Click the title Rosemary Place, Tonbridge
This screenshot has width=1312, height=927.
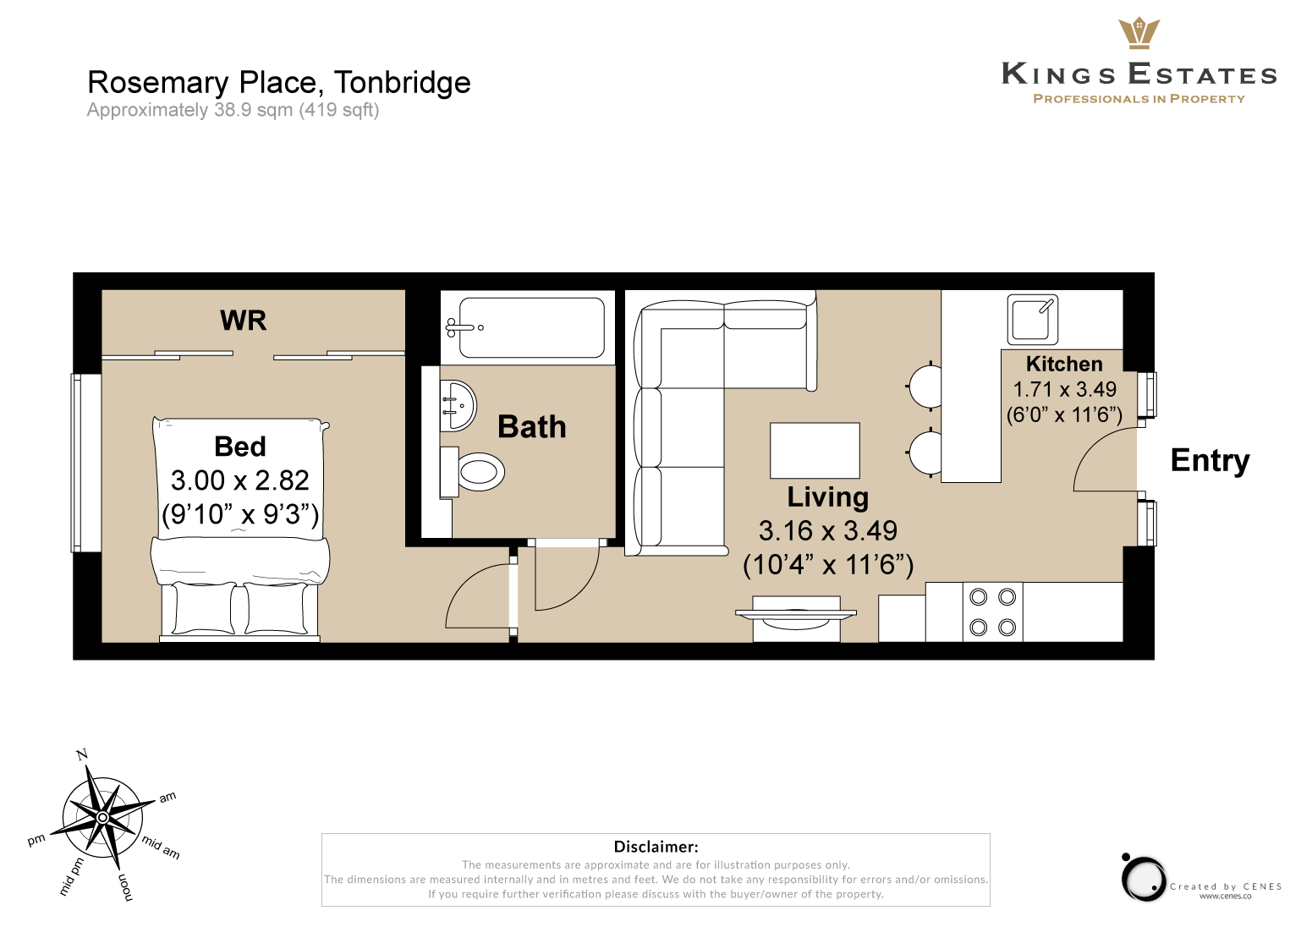279,83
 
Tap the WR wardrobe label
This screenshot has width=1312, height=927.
243,321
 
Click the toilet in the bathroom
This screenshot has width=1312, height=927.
473,471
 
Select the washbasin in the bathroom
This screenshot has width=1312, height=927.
458,406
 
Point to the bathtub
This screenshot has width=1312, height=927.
527,327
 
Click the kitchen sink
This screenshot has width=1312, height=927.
1032,319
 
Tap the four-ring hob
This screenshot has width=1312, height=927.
993,612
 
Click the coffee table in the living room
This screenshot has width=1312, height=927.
815,450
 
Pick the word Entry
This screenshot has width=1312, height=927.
1210,461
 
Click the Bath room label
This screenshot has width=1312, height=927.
532,426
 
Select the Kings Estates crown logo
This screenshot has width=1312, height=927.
1139,33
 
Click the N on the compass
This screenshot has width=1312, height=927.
82,754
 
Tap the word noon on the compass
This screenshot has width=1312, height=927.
126,887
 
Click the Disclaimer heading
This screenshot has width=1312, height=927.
656,846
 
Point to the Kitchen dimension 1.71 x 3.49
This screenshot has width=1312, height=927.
1065,389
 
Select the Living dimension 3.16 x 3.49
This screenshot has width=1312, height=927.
827,530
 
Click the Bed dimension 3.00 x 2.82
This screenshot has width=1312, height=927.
239,480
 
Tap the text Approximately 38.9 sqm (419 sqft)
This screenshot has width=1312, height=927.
233,110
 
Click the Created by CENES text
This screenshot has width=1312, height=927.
1226,886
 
